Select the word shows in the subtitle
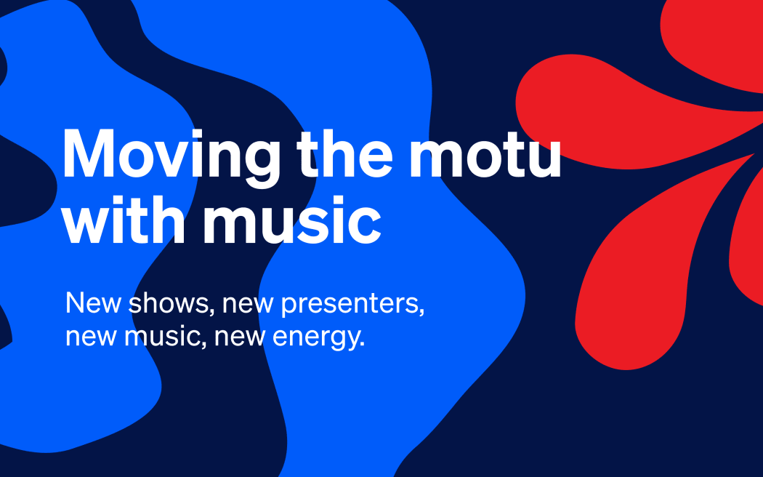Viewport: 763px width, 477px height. [171, 303]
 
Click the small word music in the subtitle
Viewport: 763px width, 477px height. [163, 337]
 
